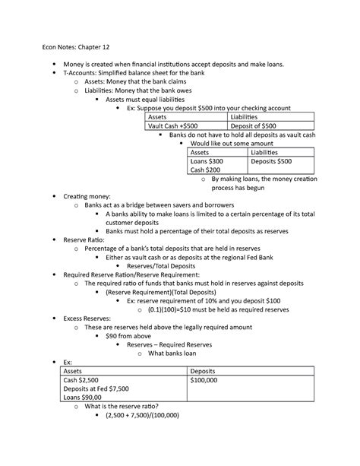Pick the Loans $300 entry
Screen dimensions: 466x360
pos(207,162)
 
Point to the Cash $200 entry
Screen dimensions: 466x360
pos(205,171)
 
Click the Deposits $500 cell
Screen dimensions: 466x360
pos(273,162)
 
